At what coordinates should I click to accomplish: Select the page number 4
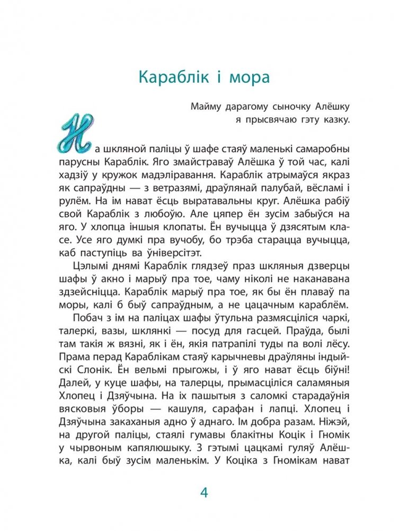[204, 493]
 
